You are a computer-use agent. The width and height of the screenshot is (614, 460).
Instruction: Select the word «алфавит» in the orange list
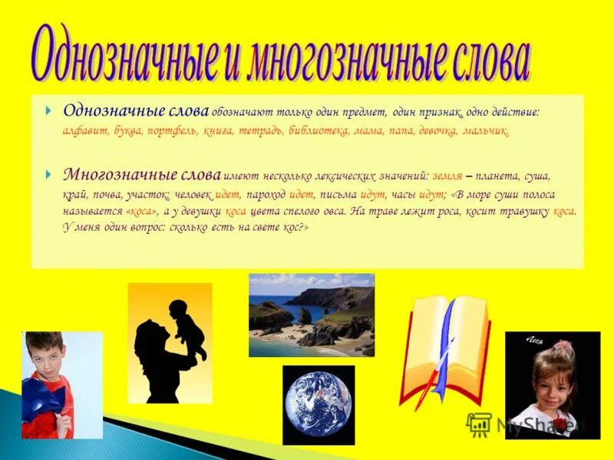(x=84, y=131)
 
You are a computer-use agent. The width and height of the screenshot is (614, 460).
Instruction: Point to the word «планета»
(x=500, y=176)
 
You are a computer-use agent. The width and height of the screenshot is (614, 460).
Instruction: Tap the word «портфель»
(x=173, y=131)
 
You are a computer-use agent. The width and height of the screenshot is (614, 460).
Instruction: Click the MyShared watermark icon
(x=480, y=423)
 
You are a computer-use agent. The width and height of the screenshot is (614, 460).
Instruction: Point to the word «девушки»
(x=202, y=211)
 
